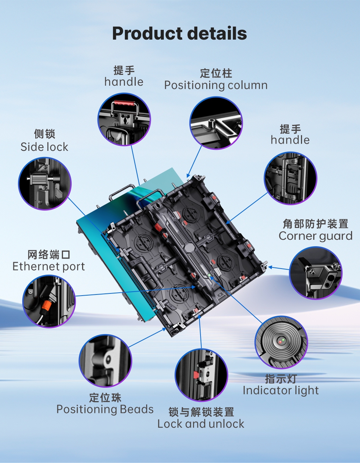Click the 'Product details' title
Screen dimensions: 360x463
click(179, 34)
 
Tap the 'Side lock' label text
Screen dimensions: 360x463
click(44, 147)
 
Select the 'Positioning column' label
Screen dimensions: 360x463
click(216, 85)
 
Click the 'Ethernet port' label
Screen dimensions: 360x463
click(49, 266)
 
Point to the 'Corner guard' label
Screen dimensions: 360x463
click(315, 236)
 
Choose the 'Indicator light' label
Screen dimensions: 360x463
click(281, 391)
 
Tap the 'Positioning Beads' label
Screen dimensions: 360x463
click(105, 409)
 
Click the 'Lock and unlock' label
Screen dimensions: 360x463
click(201, 424)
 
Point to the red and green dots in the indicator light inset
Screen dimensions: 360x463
click(282, 341)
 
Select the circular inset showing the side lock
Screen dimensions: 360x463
click(45, 184)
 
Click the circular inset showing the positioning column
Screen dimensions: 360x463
click(216, 123)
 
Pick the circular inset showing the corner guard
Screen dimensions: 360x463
click(316, 273)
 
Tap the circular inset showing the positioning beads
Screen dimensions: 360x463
click(105, 361)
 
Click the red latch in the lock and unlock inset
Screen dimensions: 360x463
click(195, 374)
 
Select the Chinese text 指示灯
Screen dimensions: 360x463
click(281, 379)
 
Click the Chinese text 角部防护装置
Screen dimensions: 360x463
click(315, 224)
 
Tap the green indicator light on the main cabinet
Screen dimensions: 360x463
click(210, 275)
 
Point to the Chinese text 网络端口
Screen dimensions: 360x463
click(49, 255)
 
